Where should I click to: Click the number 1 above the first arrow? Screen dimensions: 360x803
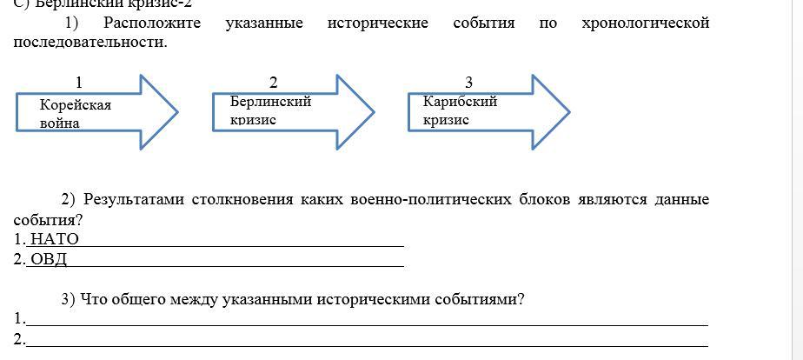click(x=79, y=83)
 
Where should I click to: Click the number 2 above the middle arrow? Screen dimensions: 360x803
click(x=274, y=83)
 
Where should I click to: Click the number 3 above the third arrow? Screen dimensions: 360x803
click(x=469, y=83)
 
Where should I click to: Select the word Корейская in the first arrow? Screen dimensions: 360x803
click(x=76, y=104)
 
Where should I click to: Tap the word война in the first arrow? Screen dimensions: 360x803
click(x=60, y=123)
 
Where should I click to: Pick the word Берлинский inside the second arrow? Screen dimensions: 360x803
click(x=270, y=101)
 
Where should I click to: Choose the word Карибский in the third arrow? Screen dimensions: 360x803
click(x=460, y=101)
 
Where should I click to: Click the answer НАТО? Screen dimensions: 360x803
click(x=54, y=239)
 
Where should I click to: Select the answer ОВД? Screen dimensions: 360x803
click(x=49, y=259)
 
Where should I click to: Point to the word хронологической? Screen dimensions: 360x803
click(x=645, y=23)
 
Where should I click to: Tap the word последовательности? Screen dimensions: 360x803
click(x=89, y=42)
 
